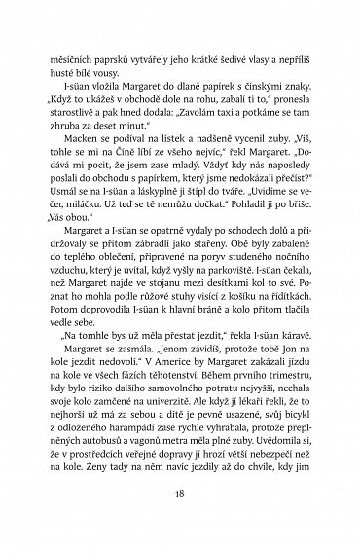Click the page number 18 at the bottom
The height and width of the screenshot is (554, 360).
pyautogui.click(x=180, y=494)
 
